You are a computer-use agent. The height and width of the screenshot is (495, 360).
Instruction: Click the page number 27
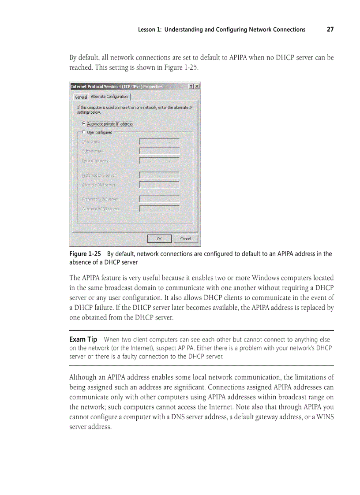tap(330, 30)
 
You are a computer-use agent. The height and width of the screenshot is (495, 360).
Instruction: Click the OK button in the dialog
tap(159, 238)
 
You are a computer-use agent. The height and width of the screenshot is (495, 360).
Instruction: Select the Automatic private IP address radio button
tap(84, 124)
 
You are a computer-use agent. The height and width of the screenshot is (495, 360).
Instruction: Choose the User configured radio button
tap(84, 132)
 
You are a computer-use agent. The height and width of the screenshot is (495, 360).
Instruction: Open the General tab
tap(81, 97)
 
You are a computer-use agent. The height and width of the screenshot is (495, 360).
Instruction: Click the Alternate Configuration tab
tap(109, 97)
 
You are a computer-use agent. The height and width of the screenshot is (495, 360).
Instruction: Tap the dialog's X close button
tap(197, 86)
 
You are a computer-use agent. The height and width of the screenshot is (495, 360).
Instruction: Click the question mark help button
tap(191, 86)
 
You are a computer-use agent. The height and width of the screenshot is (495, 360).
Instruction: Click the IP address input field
tap(159, 141)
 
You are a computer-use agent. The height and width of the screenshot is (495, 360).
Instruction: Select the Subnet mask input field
tap(159, 151)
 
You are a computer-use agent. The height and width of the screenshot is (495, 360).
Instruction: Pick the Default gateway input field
tap(159, 160)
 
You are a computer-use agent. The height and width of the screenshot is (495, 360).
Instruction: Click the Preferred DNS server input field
tap(159, 175)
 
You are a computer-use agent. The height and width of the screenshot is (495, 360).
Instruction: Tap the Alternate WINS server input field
tap(159, 208)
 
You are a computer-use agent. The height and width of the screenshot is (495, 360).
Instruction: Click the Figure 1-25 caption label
tap(85, 254)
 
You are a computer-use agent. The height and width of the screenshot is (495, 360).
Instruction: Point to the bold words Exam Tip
tap(83, 339)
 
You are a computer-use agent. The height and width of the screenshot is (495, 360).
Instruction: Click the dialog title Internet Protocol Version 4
tap(116, 86)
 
